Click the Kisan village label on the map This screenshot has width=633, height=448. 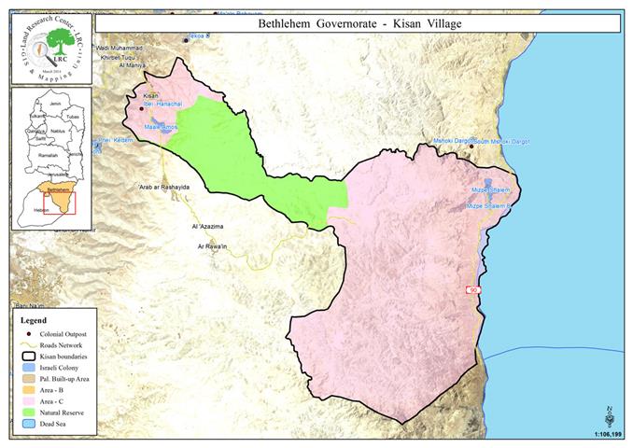click(x=151, y=96)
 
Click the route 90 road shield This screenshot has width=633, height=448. click(x=473, y=292)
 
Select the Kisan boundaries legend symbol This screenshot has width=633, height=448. click(x=31, y=356)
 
